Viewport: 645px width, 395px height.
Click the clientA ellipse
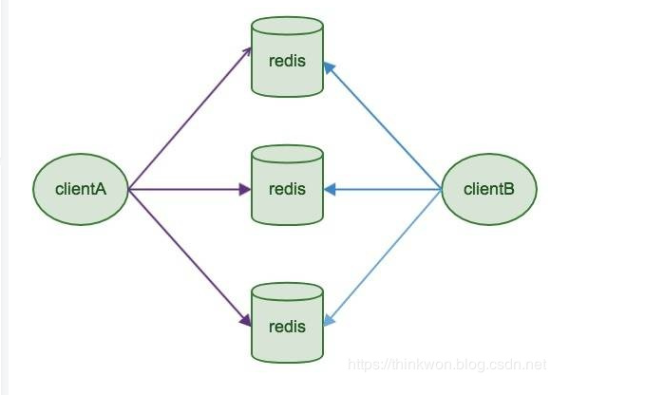point(80,189)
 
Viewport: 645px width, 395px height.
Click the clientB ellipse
point(489,189)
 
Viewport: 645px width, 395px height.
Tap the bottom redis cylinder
point(287,323)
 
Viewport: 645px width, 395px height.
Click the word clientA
point(80,189)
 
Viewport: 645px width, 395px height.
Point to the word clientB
point(489,189)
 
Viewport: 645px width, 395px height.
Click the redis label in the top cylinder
point(287,62)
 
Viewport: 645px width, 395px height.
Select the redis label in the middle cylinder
point(287,190)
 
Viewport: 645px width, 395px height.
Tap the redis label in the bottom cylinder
point(287,328)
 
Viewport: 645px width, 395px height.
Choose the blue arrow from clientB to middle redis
point(382,190)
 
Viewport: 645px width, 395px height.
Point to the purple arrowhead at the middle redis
point(244,190)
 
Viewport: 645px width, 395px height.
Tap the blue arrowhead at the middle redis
point(329,190)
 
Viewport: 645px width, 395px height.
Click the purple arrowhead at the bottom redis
point(246,321)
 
